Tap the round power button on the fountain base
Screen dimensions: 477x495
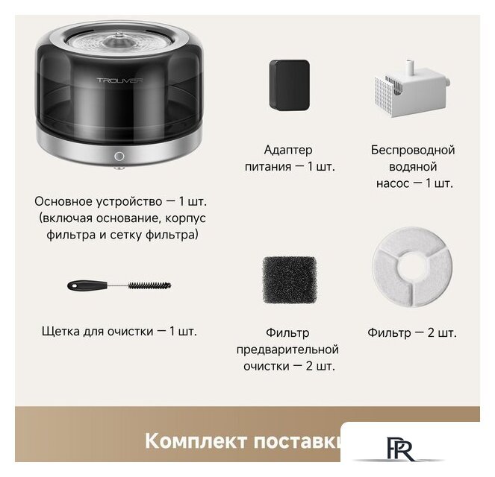[x=119, y=157]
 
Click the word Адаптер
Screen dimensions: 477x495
[x=288, y=150]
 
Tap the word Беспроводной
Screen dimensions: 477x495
[x=412, y=150]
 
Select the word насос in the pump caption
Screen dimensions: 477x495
[x=392, y=183]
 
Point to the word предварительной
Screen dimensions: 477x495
[x=287, y=350]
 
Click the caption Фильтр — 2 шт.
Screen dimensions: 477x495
[x=412, y=332]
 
